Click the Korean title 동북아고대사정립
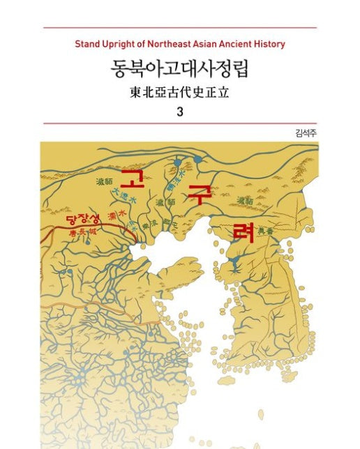pyautogui.click(x=180, y=68)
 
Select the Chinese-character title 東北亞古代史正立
pyautogui.click(x=180, y=92)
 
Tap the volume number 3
pyautogui.click(x=180, y=112)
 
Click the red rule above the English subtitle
pyautogui.click(x=180, y=27)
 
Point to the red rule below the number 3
pyautogui.click(x=180, y=123)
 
